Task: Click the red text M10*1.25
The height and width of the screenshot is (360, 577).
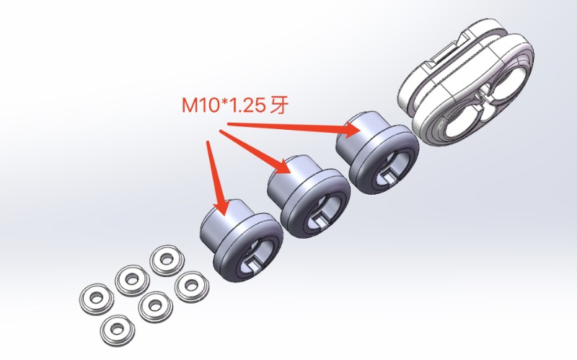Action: coord(222,106)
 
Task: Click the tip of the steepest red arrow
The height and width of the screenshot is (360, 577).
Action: coord(221,214)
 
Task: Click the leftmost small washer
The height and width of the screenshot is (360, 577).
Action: coord(93,297)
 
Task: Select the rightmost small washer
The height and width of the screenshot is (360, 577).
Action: coord(190,286)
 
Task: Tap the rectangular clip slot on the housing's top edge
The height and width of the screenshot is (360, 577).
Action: coord(442,53)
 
